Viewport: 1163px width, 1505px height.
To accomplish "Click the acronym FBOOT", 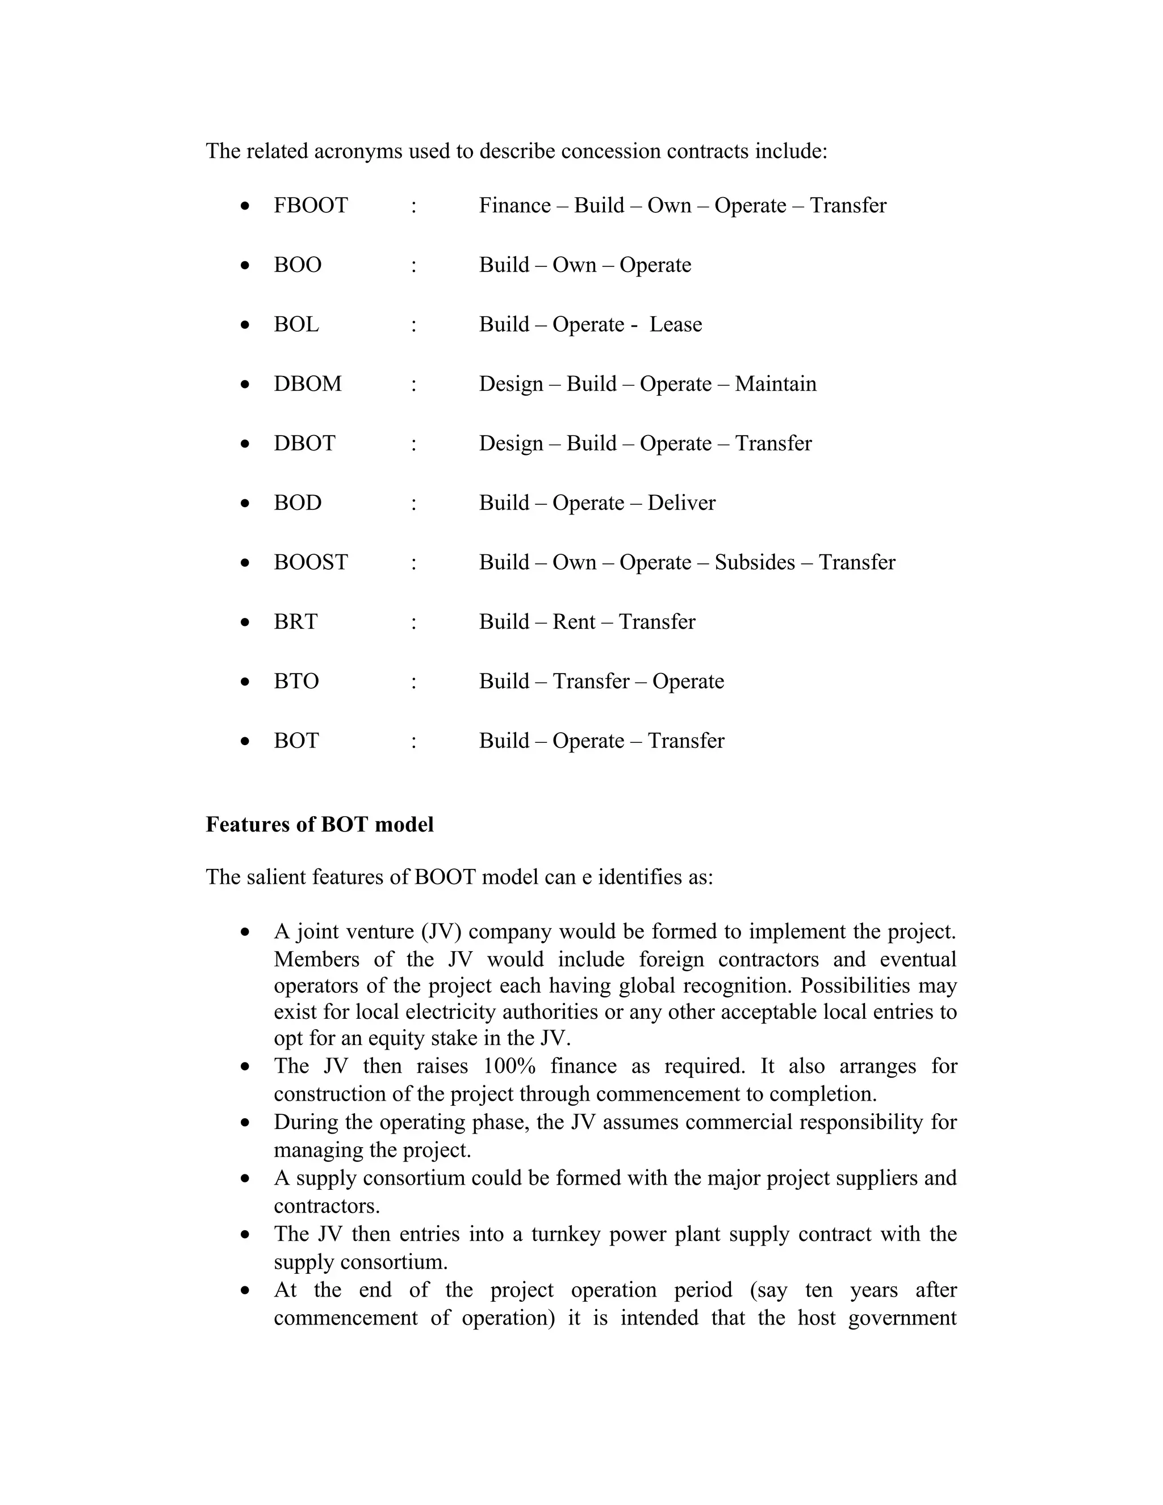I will [311, 206].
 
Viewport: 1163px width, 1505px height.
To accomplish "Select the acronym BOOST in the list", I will [311, 562].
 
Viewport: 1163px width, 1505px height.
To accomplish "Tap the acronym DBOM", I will [307, 384].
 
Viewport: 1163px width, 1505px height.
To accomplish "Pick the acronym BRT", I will [295, 621].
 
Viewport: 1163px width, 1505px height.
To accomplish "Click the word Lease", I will [675, 324].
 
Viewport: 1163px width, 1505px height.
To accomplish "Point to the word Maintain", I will [775, 384].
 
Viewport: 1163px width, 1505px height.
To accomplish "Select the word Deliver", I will [681, 503].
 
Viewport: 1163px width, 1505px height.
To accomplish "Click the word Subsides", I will [755, 562].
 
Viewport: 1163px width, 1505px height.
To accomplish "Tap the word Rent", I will [574, 621].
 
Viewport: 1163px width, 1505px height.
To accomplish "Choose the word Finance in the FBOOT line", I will [514, 206].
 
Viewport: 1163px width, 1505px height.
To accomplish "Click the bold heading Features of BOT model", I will [320, 825].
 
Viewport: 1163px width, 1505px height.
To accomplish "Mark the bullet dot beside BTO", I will [245, 682].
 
